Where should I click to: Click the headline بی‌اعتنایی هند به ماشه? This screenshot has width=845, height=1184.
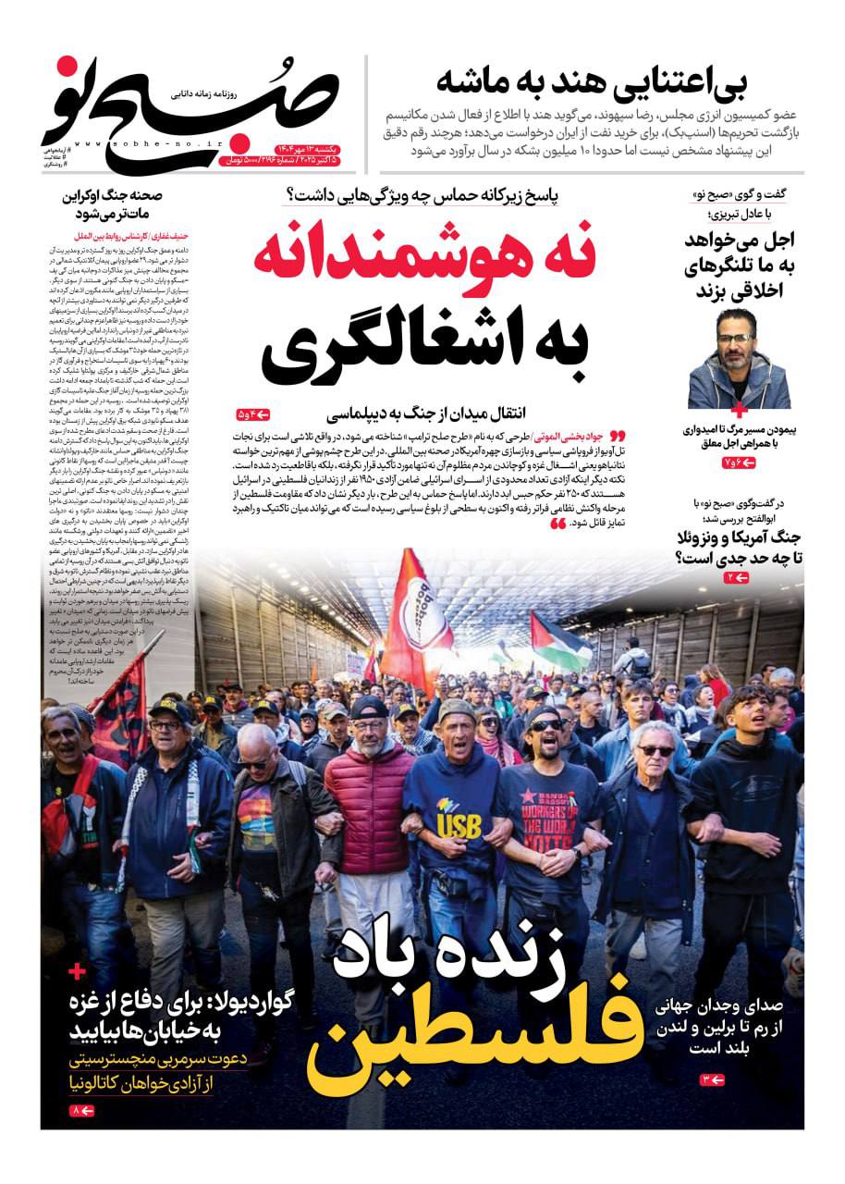point(592,82)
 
